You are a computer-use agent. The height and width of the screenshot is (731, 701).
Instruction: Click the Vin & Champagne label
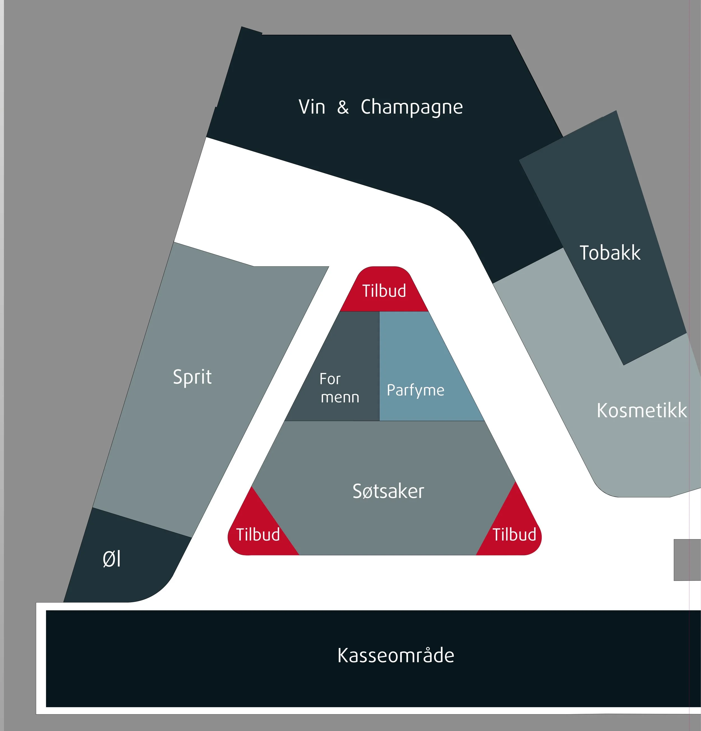click(x=380, y=107)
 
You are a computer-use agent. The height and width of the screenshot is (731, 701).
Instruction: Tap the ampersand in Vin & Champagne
click(x=343, y=107)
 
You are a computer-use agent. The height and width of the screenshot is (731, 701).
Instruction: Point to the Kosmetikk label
click(x=641, y=410)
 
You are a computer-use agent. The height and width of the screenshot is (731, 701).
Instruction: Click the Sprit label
click(x=192, y=377)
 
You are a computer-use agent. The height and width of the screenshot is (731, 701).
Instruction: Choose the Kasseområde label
click(x=396, y=655)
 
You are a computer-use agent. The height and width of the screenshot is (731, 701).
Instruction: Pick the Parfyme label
click(x=415, y=390)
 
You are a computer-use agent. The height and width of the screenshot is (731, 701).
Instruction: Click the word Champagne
click(x=412, y=107)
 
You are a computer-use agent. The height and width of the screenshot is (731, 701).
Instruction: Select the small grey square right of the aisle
click(x=687, y=559)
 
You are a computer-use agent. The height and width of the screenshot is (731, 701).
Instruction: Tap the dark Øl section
click(x=123, y=574)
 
